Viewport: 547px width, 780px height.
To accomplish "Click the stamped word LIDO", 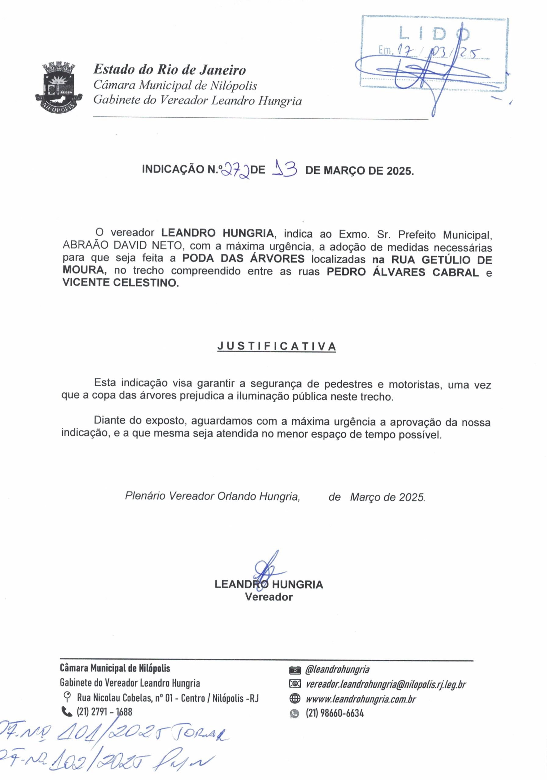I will pos(434,34).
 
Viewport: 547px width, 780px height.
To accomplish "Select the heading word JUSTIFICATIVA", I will pos(276,346).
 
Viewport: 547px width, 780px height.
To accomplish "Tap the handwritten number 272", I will pos(235,169).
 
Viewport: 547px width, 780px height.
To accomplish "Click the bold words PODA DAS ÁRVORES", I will pos(243,259).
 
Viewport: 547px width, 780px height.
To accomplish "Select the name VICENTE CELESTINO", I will pos(120,283).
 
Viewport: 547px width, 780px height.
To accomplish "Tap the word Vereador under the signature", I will pos(269,597).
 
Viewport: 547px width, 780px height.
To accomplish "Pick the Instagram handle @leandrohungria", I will pos(337,670).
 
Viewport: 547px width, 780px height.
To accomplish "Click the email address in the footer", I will pos(385,684).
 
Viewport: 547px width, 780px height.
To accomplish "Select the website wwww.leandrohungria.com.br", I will pos(360,699).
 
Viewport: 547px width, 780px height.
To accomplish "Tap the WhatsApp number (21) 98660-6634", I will pos(334,713).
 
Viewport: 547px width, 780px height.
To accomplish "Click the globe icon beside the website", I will pos(295,699).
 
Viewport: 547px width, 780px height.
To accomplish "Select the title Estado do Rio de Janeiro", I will pos(169,70).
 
